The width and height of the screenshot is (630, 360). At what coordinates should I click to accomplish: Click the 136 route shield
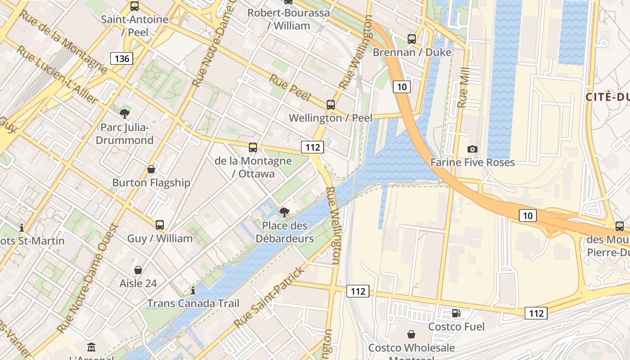pyautogui.click(x=122, y=58)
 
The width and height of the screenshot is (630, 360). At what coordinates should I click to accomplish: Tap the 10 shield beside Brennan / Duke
pyautogui.click(x=402, y=86)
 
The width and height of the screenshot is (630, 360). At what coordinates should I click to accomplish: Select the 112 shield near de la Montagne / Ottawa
pyautogui.click(x=313, y=147)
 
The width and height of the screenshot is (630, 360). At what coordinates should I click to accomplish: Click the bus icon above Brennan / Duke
pyautogui.click(x=412, y=39)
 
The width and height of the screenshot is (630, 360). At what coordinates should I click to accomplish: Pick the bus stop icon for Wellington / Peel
pyautogui.click(x=331, y=104)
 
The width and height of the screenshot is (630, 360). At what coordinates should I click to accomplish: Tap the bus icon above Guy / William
pyautogui.click(x=160, y=225)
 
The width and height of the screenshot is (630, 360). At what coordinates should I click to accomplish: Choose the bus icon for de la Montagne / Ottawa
pyautogui.click(x=253, y=147)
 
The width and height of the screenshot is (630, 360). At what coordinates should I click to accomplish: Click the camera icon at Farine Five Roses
pyautogui.click(x=472, y=149)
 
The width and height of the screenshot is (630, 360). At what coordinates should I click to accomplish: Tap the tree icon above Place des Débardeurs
pyautogui.click(x=284, y=212)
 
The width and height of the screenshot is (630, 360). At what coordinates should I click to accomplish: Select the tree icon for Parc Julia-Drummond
pyautogui.click(x=124, y=114)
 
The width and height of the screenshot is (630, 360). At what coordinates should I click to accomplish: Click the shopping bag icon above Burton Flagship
pyautogui.click(x=151, y=169)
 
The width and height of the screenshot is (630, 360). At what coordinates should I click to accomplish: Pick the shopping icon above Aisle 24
pyautogui.click(x=138, y=270)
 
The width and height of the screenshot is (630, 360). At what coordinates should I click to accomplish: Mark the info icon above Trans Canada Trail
pyautogui.click(x=193, y=290)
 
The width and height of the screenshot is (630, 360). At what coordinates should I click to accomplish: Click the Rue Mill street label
pyautogui.click(x=463, y=88)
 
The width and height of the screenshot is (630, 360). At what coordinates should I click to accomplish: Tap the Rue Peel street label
pyautogui.click(x=290, y=88)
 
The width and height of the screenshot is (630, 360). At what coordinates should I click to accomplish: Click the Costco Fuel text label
pyautogui.click(x=456, y=326)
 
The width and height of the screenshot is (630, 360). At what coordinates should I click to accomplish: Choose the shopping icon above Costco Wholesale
pyautogui.click(x=411, y=334)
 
